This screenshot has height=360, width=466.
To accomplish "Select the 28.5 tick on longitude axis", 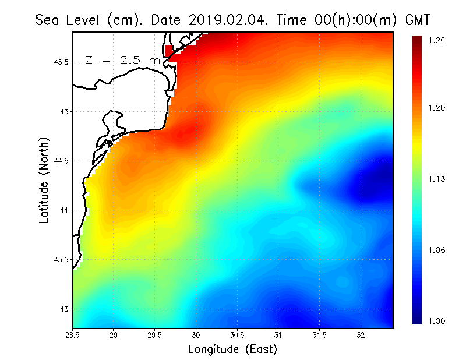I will coord(73,335).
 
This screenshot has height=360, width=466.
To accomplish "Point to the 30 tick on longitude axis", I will coord(196,335).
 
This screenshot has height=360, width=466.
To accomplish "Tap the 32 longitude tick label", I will coord(361,335).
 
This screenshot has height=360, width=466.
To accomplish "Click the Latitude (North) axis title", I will coord(44,179).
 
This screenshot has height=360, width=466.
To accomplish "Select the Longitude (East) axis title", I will coord(232,350).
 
